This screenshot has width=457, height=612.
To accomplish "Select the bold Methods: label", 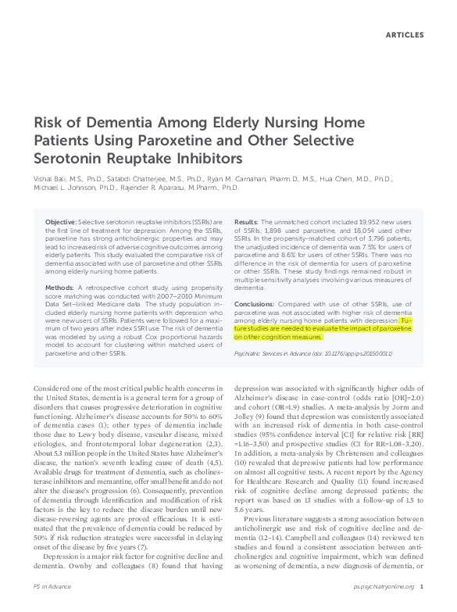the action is coord(60,288).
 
